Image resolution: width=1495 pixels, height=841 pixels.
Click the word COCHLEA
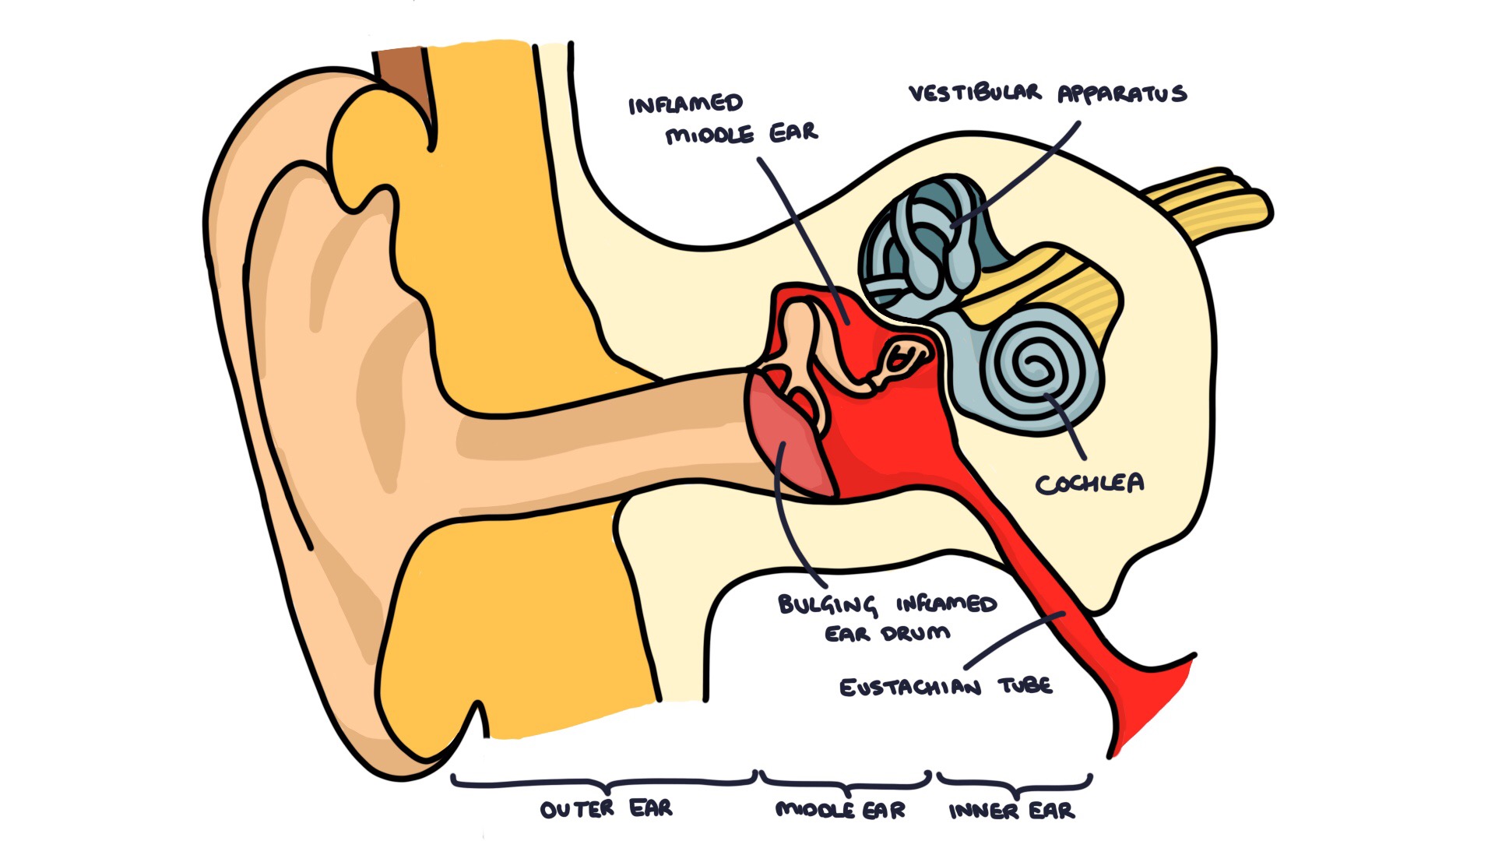1089,484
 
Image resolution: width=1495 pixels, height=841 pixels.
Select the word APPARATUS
1122,94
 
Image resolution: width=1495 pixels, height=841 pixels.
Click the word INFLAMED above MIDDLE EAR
685,104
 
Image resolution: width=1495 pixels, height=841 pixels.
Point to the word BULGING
827,605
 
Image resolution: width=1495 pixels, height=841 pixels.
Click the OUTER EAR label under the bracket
606,809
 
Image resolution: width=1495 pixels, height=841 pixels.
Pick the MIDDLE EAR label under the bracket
840,810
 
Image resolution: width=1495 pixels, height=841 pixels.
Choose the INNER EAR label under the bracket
1011,811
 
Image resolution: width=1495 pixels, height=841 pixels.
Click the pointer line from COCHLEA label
1068,428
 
